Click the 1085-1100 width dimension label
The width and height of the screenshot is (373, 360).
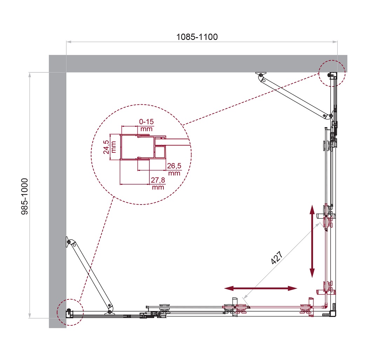197,37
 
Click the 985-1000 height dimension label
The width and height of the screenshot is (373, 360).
25,196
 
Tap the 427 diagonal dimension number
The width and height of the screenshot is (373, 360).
277,258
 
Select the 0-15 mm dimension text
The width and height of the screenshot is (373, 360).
146,125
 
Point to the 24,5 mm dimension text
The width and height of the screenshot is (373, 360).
109,147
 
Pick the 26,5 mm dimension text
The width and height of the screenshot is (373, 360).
174,169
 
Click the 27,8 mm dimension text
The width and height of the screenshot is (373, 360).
158,184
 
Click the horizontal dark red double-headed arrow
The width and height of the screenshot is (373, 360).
261,289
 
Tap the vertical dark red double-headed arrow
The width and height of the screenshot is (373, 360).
312,241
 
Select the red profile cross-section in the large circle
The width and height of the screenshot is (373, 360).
143,147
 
